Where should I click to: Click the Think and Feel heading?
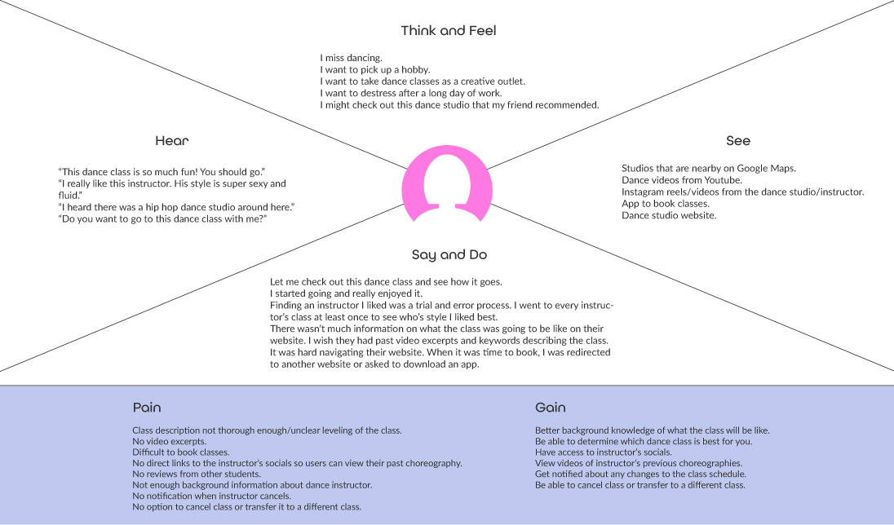448,31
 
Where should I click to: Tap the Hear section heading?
171,141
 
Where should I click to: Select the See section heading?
737,141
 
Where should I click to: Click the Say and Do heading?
449,255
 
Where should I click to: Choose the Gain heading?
550,408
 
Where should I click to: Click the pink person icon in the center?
448,186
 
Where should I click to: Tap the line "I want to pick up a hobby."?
374,70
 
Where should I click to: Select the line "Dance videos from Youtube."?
681,180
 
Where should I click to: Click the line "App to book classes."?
665,204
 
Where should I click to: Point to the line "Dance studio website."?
668,216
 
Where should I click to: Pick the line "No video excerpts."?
169,441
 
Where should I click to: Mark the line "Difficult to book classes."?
180,452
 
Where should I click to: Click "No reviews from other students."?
196,474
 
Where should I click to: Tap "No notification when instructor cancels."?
212,496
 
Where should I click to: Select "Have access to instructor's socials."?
603,452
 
